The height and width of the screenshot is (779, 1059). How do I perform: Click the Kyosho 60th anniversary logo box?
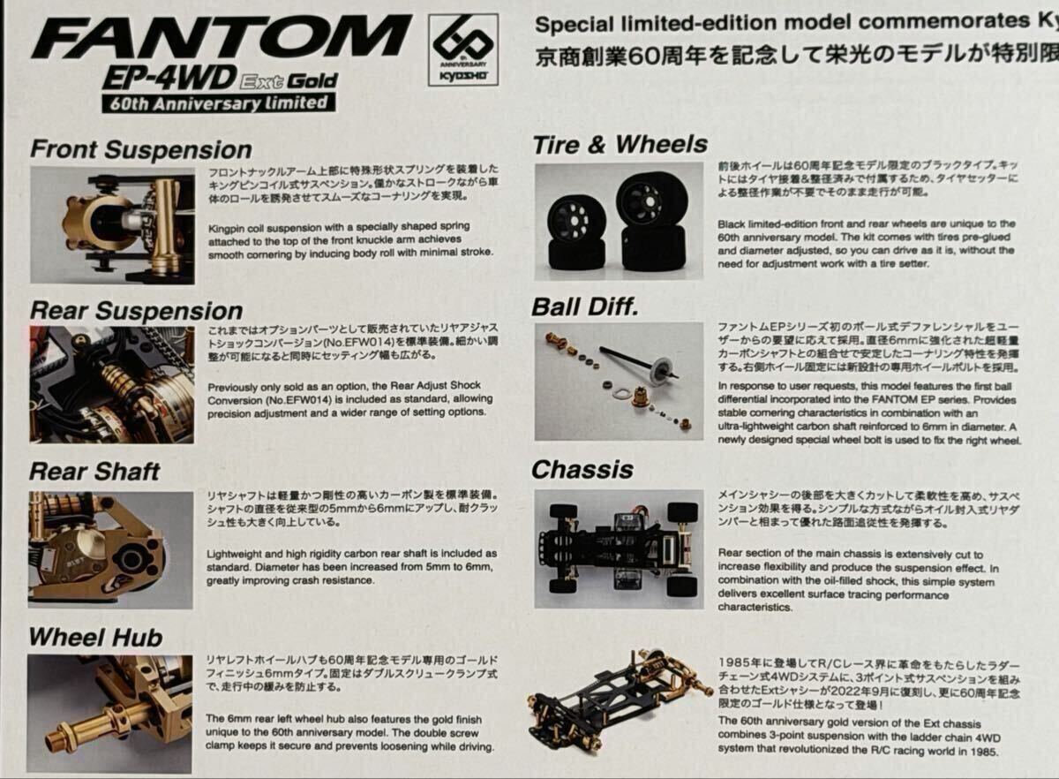click(x=462, y=49)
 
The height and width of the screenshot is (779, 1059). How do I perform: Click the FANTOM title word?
click(x=222, y=37)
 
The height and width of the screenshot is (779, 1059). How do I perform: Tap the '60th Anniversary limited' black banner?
click(x=219, y=103)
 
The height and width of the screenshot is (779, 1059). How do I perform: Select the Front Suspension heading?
click(x=141, y=149)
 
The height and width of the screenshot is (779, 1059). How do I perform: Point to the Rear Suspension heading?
click(x=136, y=312)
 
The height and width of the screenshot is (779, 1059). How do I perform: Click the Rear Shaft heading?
click(x=94, y=472)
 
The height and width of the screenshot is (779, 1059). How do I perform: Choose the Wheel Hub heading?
click(x=95, y=637)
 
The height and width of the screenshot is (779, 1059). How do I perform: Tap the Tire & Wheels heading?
click(x=620, y=145)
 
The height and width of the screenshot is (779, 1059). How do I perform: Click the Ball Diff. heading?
click(x=585, y=307)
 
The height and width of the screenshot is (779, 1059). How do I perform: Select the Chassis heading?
click(x=582, y=470)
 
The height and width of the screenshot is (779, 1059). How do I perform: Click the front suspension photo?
click(x=113, y=225)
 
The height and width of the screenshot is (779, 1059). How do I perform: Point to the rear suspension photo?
click(x=111, y=385)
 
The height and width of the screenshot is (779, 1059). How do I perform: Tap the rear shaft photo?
click(x=110, y=550)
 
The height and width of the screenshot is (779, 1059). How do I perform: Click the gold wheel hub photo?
click(x=109, y=715)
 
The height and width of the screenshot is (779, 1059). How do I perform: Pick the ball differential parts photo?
click(x=619, y=382)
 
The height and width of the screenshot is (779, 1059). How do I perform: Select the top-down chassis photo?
click(x=619, y=549)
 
